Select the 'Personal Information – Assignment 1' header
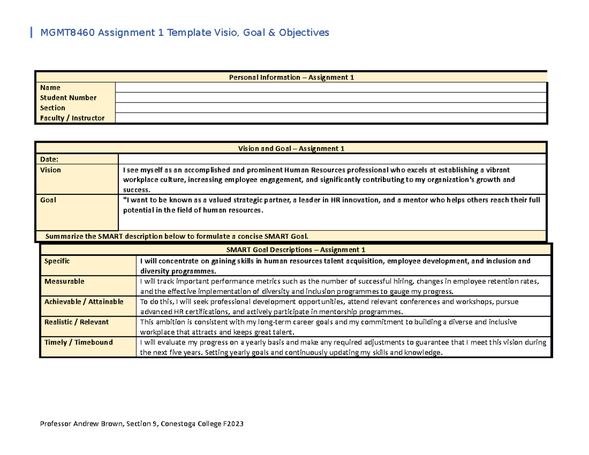(292, 78)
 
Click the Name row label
(50, 87)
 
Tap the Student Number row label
(68, 98)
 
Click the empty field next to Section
(330, 108)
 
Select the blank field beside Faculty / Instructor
(330, 118)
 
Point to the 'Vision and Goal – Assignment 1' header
(292, 149)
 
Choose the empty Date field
(332, 159)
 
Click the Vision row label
(51, 170)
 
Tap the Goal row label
(48, 200)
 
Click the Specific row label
(57, 261)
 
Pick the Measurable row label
(64, 281)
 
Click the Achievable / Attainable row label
(83, 301)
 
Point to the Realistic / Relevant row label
(76, 322)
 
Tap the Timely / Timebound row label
(78, 342)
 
